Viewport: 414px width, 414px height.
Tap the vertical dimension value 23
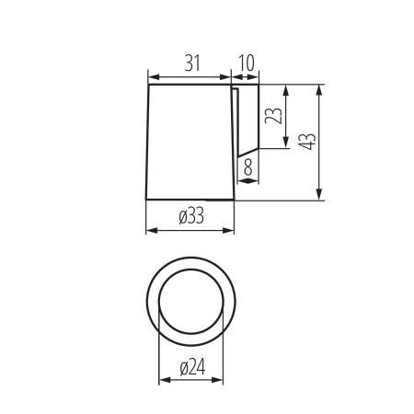[x=273, y=118]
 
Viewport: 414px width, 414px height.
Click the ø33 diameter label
[x=190, y=216]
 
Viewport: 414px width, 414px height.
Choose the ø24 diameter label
[x=190, y=366]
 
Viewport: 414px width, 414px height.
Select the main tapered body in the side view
[x=189, y=143]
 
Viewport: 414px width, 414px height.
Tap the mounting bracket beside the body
[x=247, y=120]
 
